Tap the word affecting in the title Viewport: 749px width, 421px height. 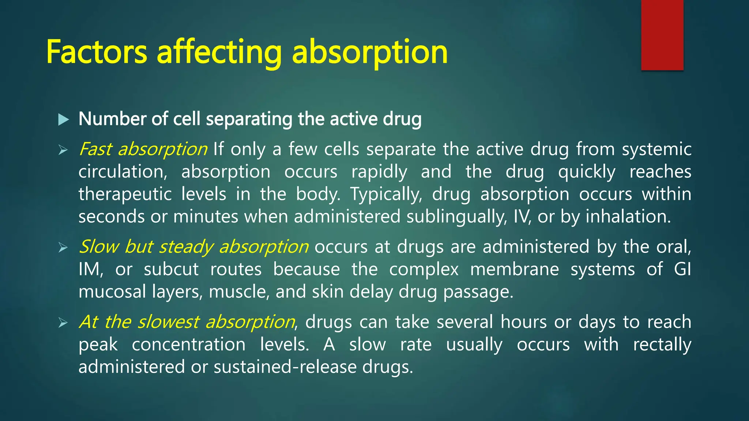click(219, 53)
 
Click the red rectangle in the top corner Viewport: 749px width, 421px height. click(662, 35)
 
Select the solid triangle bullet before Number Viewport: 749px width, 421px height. click(64, 120)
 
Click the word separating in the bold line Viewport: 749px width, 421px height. click(249, 120)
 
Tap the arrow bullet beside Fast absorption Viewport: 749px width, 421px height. click(63, 150)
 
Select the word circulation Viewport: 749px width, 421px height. click(123, 172)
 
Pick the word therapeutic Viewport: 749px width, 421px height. click(125, 194)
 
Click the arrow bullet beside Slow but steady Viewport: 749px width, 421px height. click(63, 248)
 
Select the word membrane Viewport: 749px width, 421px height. click(514, 269)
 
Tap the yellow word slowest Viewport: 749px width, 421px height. click(168, 322)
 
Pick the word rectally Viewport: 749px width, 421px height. click(662, 345)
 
